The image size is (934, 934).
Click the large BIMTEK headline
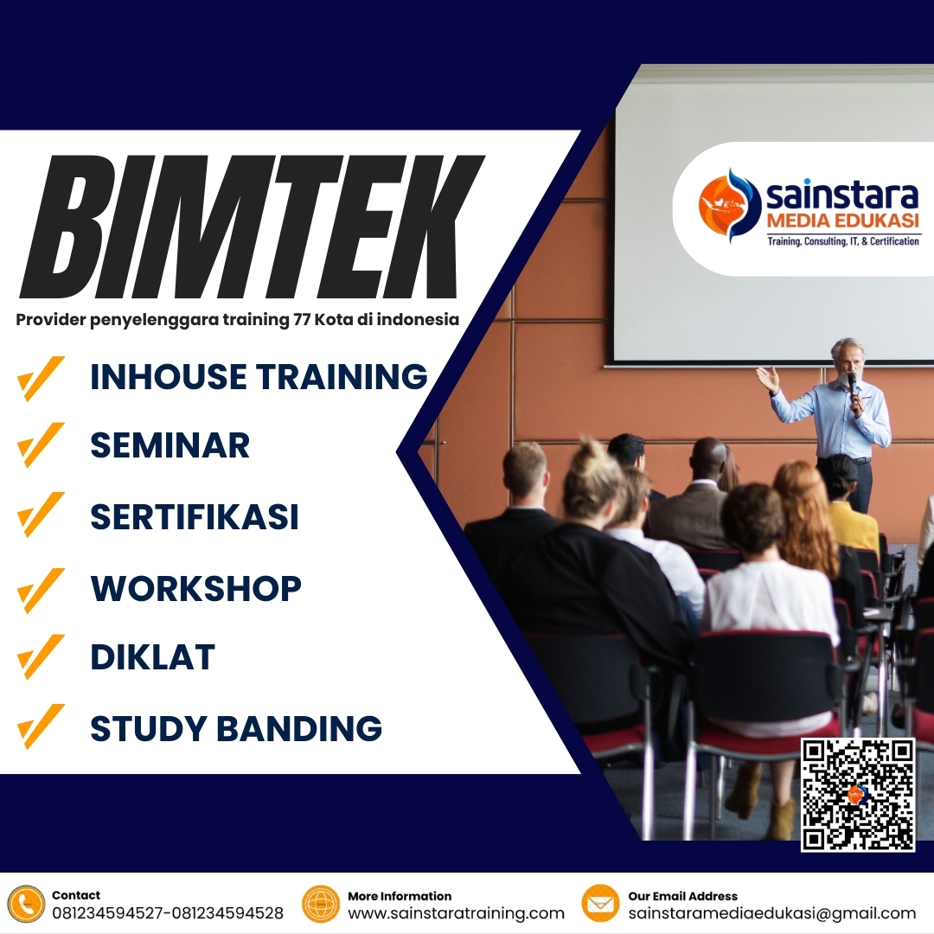pos(251,227)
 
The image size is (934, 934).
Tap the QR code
pos(857,794)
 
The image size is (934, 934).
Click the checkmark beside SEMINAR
pos(41,446)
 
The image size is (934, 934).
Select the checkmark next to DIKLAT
pos(41,657)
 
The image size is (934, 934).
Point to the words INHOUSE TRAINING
pos(259,377)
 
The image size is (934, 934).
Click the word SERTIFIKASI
pos(195,516)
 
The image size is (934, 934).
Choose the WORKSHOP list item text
pos(196,588)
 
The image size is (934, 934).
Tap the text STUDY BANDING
pos(236,728)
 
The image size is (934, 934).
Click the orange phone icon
pos(26,904)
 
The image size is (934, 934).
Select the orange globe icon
pos(321,904)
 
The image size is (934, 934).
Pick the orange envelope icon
pos(600,904)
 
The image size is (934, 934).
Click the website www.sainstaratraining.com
pos(456,913)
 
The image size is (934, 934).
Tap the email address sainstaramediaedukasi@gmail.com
pos(771,913)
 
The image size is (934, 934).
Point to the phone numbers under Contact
pos(168,913)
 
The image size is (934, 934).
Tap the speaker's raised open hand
pos(766,377)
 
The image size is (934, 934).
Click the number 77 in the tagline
pos(301,320)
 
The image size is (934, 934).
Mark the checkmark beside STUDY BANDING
pos(41,726)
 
